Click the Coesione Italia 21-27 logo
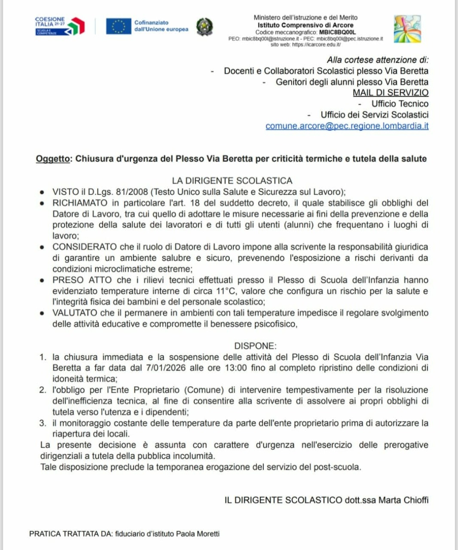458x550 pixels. tap(59, 26)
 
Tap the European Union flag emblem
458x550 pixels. tap(119, 26)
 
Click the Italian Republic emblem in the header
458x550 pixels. tap(204, 26)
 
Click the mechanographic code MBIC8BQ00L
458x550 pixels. tap(337, 32)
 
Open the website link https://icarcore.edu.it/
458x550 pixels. tap(316, 44)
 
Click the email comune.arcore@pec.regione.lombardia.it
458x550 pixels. tap(347, 126)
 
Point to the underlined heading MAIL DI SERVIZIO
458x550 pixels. tap(391, 92)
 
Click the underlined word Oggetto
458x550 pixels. tap(53, 159)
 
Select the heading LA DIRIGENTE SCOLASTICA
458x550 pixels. tap(232, 181)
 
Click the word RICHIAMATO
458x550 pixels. tap(80, 203)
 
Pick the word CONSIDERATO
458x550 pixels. tap(85, 247)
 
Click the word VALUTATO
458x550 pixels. tap(74, 313)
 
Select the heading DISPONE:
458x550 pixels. tap(255, 346)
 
